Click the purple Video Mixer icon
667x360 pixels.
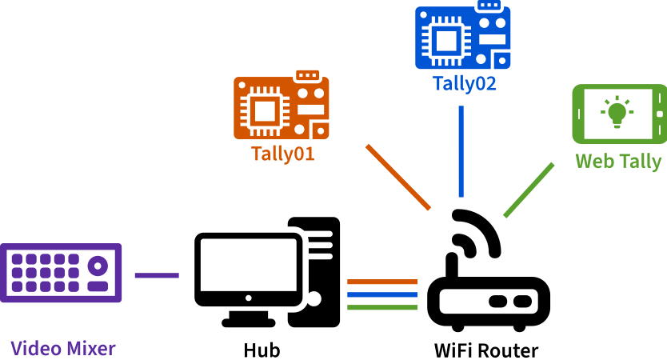tap(61, 273)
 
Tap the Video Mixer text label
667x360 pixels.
tap(63, 349)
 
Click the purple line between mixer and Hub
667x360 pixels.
tap(157, 275)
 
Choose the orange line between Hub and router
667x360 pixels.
tap(382, 282)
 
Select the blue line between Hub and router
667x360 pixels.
tap(382, 294)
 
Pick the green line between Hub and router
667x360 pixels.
tap(382, 306)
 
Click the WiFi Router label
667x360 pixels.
tap(486, 350)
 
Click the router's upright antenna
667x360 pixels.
tap(452, 269)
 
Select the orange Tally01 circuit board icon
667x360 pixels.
tap(281, 107)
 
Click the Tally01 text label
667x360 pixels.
tap(282, 154)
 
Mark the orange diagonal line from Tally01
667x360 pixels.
tap(398, 178)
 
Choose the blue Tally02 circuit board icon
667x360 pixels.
tap(462, 37)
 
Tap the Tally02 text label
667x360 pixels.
tap(464, 83)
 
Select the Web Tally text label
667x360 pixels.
tap(619, 162)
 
